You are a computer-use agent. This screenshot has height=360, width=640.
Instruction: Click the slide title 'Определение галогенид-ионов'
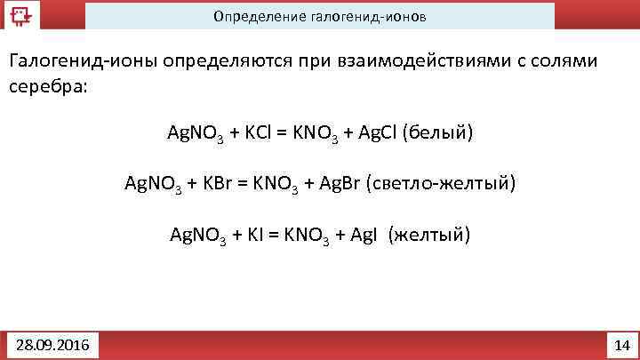(x=318, y=17)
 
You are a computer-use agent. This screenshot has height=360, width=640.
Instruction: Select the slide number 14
(x=621, y=344)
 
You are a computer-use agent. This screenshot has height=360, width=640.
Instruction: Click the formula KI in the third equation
(x=257, y=236)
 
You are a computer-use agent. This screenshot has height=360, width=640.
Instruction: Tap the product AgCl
(x=375, y=133)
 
